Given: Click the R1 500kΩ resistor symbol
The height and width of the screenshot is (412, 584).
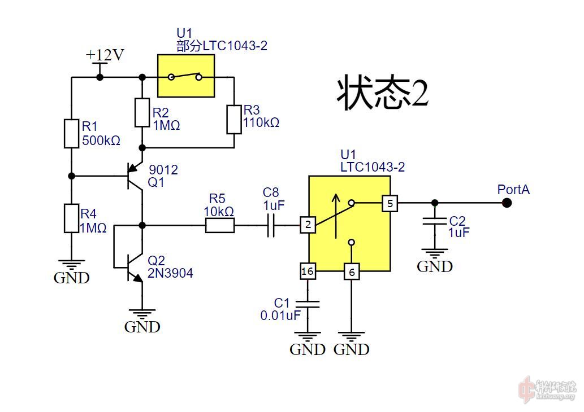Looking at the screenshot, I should point(71,133).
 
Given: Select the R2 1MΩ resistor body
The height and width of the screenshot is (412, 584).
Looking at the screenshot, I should point(142,112).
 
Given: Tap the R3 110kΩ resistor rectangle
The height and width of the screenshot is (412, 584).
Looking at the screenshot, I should point(234,119).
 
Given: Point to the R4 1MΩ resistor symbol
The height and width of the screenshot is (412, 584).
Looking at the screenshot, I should point(71,218).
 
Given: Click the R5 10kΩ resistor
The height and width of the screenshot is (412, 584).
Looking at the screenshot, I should point(219,226).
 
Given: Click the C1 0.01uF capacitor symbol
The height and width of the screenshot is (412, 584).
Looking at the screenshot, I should point(308,304).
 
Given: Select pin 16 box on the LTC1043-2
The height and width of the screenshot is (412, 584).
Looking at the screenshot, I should point(308,271).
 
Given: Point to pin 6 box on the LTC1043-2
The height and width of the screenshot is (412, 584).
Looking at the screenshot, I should point(352,272).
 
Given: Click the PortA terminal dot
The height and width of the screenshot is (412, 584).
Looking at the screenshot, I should point(507,203).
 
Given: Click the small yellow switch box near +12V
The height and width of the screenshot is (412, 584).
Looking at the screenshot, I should point(186,76).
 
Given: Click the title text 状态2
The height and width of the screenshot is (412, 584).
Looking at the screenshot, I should point(383,93).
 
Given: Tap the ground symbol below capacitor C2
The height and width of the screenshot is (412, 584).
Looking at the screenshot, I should point(434,254).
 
